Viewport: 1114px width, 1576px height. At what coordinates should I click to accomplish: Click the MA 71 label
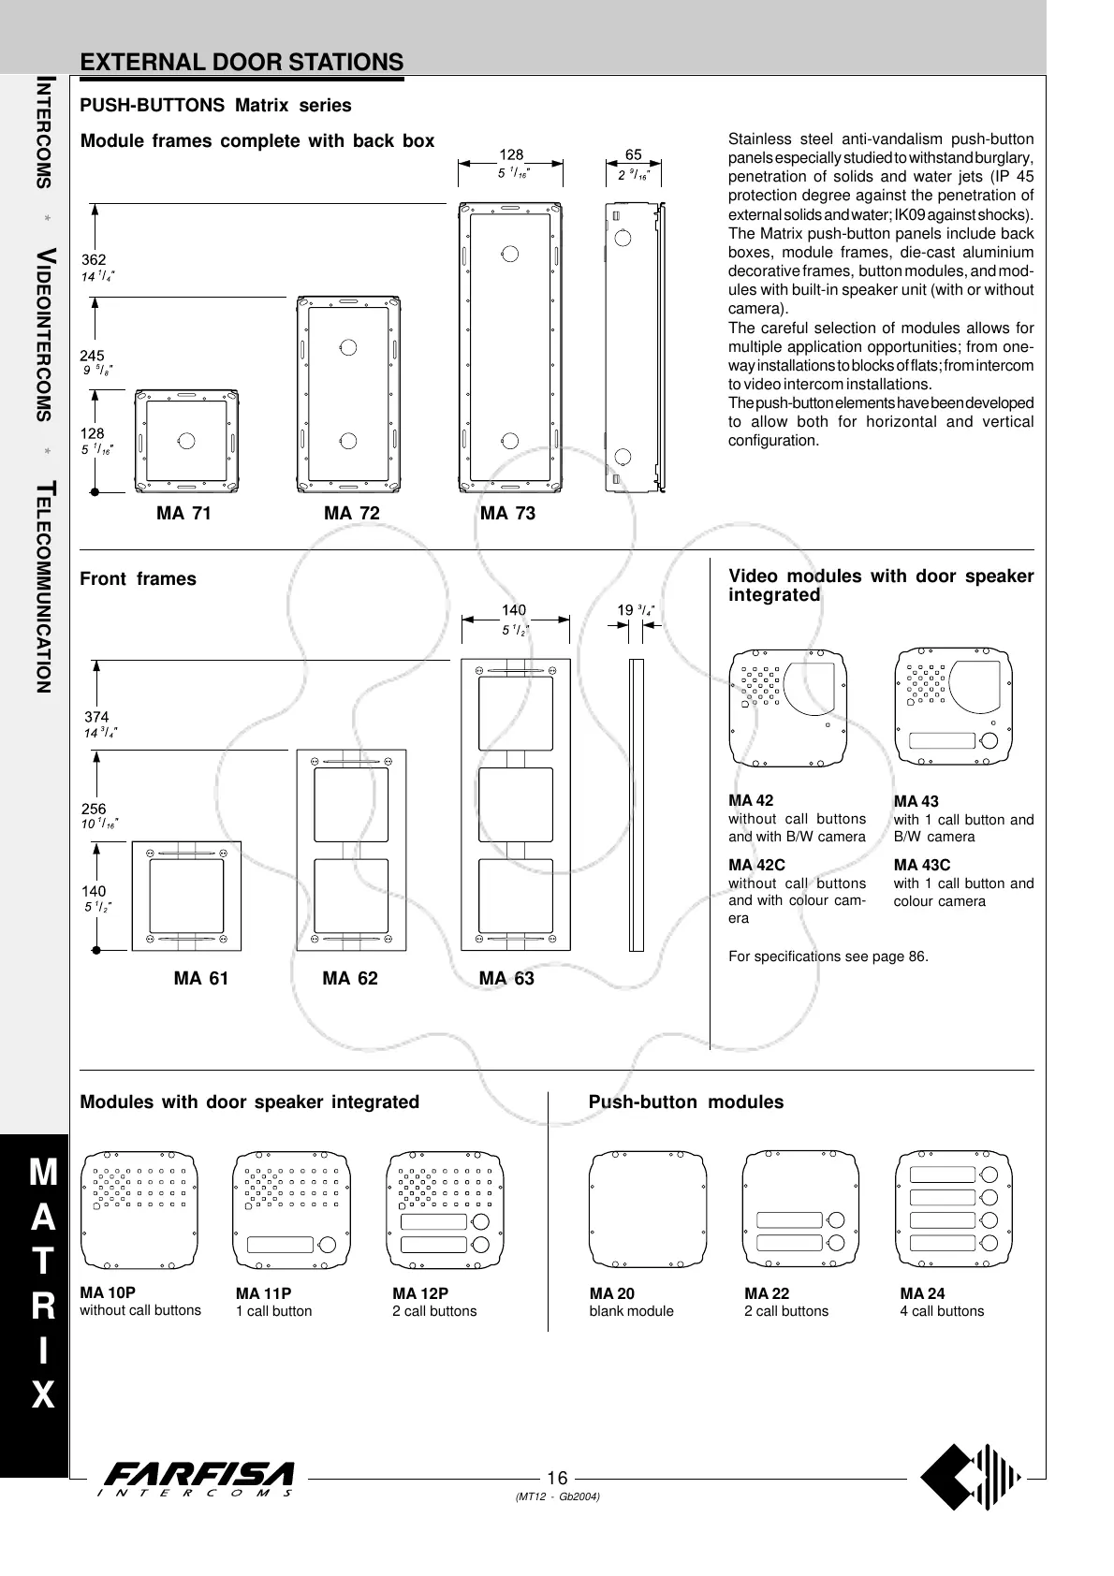(x=183, y=513)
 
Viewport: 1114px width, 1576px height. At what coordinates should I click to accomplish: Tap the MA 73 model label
(x=507, y=513)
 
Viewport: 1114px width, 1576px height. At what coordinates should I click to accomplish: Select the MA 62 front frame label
(x=350, y=978)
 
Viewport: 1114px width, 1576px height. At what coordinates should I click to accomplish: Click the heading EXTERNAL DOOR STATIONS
(x=242, y=63)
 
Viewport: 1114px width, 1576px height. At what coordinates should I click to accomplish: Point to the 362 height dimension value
(x=94, y=259)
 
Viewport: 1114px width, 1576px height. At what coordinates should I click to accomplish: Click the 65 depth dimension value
(x=634, y=154)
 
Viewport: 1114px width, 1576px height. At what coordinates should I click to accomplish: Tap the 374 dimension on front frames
(x=97, y=717)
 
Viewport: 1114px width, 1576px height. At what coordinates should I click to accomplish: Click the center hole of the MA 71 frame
(x=185, y=440)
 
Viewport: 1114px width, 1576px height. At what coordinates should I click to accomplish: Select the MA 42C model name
(x=756, y=865)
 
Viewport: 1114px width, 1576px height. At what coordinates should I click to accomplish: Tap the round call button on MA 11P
(x=329, y=1244)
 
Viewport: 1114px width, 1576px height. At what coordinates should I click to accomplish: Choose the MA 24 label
(x=922, y=1293)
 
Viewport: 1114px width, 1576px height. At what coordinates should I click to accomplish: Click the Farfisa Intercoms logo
(x=199, y=1479)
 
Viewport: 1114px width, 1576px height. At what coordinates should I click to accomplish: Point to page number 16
(x=557, y=1478)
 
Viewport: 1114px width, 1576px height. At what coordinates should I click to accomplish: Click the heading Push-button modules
(x=685, y=1102)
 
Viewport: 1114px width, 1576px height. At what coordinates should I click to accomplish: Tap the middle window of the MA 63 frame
(x=515, y=802)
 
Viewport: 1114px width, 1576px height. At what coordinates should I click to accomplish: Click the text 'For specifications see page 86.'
(x=828, y=956)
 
